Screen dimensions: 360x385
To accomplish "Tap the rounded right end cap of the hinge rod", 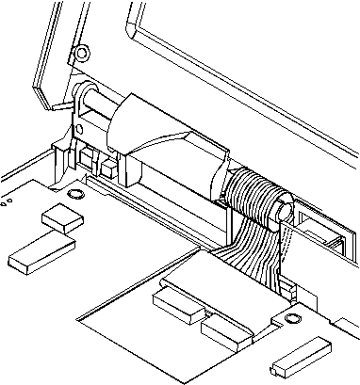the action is pyautogui.click(x=282, y=211).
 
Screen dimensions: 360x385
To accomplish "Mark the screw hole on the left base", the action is pyautogui.click(x=74, y=195).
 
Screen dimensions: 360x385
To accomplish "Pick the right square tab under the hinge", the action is pyautogui.click(x=111, y=168).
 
